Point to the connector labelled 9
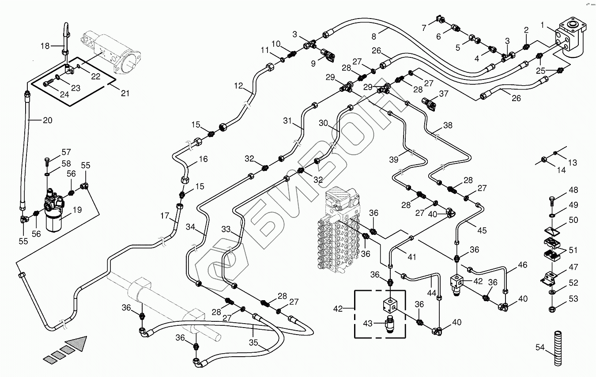pyautogui.click(x=328, y=56)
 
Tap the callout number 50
pyautogui.click(x=573, y=220)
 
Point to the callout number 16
pyautogui.click(x=203, y=159)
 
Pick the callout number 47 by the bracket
pyautogui.click(x=573, y=267)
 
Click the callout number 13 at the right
pyautogui.click(x=573, y=162)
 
